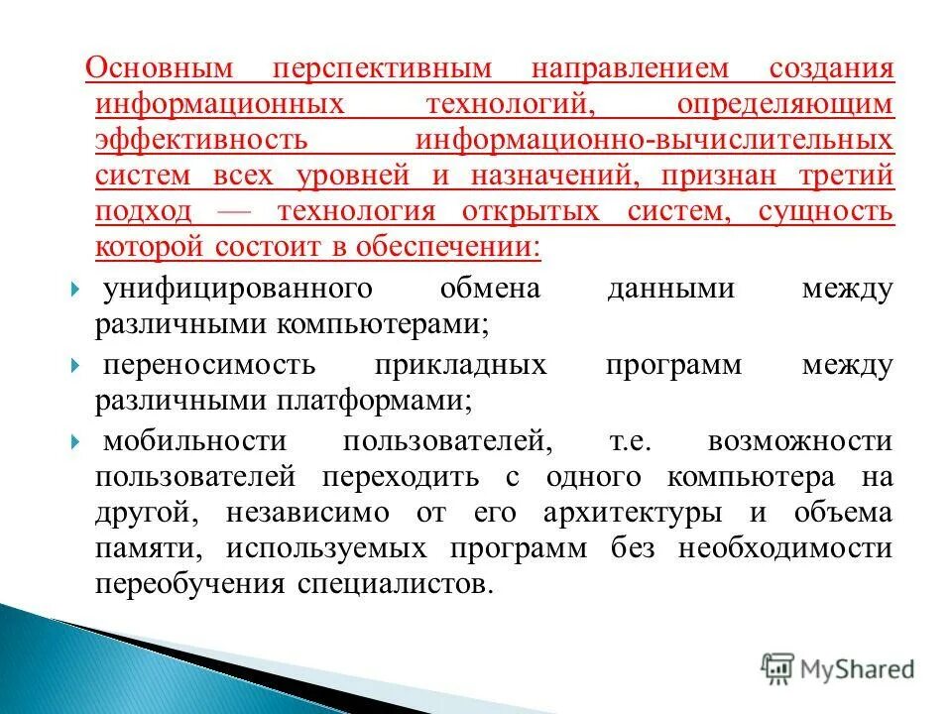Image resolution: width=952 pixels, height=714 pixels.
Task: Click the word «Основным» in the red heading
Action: (159, 70)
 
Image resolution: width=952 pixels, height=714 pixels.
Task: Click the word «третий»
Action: (848, 177)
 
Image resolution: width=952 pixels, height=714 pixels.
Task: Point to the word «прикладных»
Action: (461, 365)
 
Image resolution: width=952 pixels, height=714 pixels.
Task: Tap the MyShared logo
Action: (838, 667)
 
